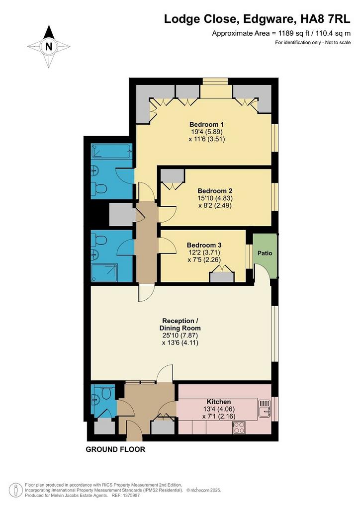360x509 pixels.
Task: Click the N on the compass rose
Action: tap(49, 46)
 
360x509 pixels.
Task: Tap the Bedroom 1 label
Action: tap(206, 124)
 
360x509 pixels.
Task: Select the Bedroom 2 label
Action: tap(215, 191)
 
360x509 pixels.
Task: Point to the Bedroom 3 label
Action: tap(204, 245)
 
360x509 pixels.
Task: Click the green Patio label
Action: tap(265, 253)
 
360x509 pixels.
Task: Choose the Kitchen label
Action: tap(219, 402)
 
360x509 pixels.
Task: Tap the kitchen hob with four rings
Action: tap(239, 427)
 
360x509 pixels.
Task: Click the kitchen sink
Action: tap(265, 409)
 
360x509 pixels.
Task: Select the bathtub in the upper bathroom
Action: tap(111, 151)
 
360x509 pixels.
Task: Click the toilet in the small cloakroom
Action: tap(106, 393)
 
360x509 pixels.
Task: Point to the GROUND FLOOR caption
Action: tap(115, 449)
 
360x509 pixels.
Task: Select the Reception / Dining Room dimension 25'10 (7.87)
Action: tap(180, 336)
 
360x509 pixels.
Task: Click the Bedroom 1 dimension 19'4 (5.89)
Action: tap(207, 132)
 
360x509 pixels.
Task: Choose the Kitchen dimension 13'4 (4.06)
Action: tap(219, 409)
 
